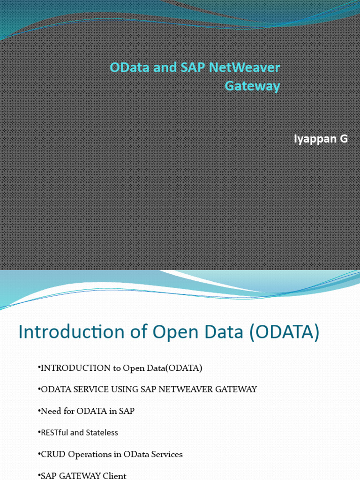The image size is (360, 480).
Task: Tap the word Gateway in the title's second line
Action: click(x=252, y=86)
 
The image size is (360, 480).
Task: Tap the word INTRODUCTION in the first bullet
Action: click(x=75, y=368)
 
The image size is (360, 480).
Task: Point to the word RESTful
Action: click(x=55, y=433)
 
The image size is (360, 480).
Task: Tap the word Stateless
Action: click(x=102, y=433)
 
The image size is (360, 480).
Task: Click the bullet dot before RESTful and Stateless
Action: click(x=39, y=433)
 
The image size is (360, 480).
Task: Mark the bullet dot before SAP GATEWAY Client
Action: click(x=39, y=476)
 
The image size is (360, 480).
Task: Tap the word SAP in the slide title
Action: click(x=192, y=67)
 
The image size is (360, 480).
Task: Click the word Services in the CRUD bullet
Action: click(x=167, y=454)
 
